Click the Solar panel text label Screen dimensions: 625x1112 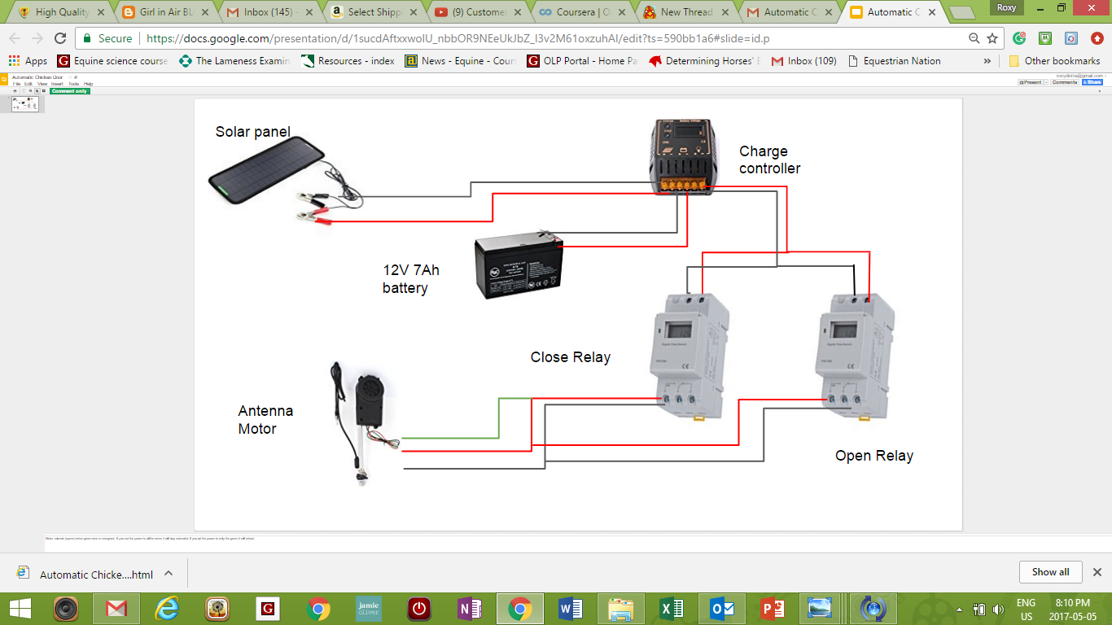pyautogui.click(x=252, y=132)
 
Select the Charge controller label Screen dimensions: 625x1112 pyautogui.click(x=769, y=160)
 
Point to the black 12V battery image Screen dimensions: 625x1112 pyautogui.click(x=519, y=265)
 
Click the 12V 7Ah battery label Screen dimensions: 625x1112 pyautogui.click(x=411, y=279)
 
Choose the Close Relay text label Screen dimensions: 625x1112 pyautogui.click(x=570, y=357)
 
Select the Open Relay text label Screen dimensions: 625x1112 pyautogui.click(x=873, y=456)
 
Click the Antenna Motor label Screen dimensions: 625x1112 pyautogui.click(x=265, y=420)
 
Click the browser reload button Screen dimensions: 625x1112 pyautogui.click(x=60, y=38)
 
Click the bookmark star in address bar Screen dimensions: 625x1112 pyautogui.click(x=992, y=38)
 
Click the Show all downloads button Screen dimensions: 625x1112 pyautogui.click(x=1050, y=572)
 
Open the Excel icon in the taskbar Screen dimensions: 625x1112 pyautogui.click(x=672, y=609)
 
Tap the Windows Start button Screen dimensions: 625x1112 pyautogui.click(x=20, y=609)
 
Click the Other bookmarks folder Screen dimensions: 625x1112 pyautogui.click(x=1054, y=61)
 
